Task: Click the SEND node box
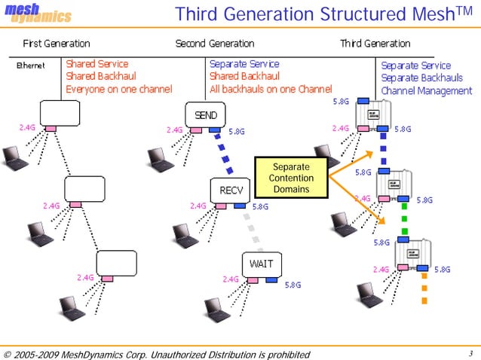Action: [206, 115]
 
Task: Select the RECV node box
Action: [230, 190]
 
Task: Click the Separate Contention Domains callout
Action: [290, 178]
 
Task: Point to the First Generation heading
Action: [57, 44]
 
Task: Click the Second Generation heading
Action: [215, 44]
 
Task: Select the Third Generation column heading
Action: [375, 44]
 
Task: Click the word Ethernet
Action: [31, 66]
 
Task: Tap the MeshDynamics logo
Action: [39, 14]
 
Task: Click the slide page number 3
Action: [469, 354]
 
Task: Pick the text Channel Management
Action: [426, 91]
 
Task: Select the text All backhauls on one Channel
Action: [271, 89]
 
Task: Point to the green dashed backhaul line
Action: [405, 221]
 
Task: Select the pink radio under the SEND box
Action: [196, 130]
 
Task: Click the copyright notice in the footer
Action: [156, 354]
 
